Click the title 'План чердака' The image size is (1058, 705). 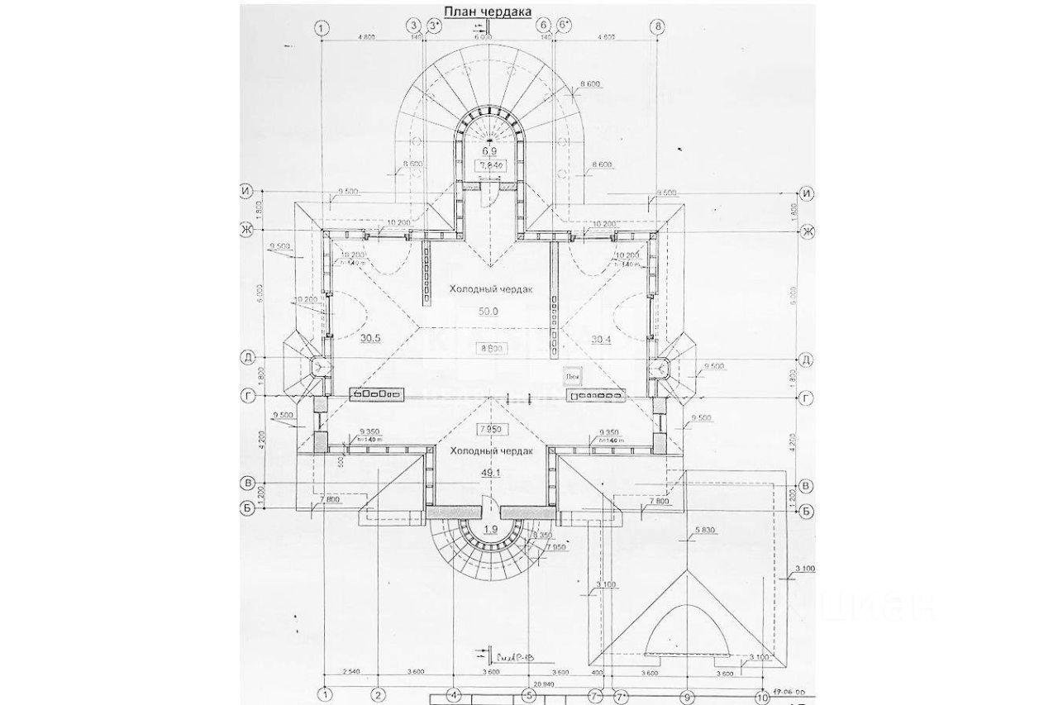486,10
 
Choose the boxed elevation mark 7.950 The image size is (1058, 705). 491,430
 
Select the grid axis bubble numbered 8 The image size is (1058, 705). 658,26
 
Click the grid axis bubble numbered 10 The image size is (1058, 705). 760,695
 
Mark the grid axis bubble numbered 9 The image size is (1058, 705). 686,695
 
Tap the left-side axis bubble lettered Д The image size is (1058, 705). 245,357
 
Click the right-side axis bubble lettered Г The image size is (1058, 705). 808,398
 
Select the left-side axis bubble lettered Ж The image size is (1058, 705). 245,230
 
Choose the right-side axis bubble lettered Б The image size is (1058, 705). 808,510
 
